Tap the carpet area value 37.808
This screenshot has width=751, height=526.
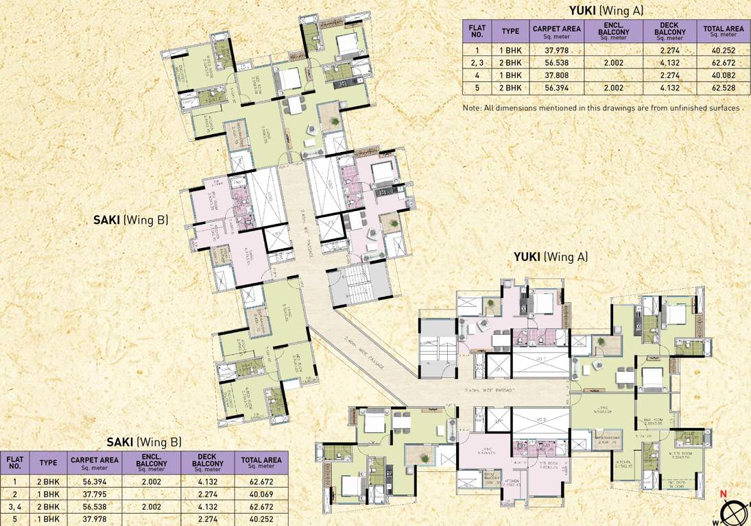coord(556,75)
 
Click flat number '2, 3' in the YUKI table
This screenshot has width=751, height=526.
coord(476,62)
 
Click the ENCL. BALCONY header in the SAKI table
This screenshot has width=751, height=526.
coord(152,463)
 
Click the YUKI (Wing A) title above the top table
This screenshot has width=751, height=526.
coord(606,10)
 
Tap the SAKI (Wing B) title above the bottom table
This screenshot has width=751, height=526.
coord(144,442)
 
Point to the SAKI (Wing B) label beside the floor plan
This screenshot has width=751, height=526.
coord(130,221)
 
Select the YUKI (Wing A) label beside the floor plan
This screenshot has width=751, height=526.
coord(551,258)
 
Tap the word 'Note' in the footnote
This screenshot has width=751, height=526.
coord(471,108)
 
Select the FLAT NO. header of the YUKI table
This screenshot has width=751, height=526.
coord(476,31)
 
